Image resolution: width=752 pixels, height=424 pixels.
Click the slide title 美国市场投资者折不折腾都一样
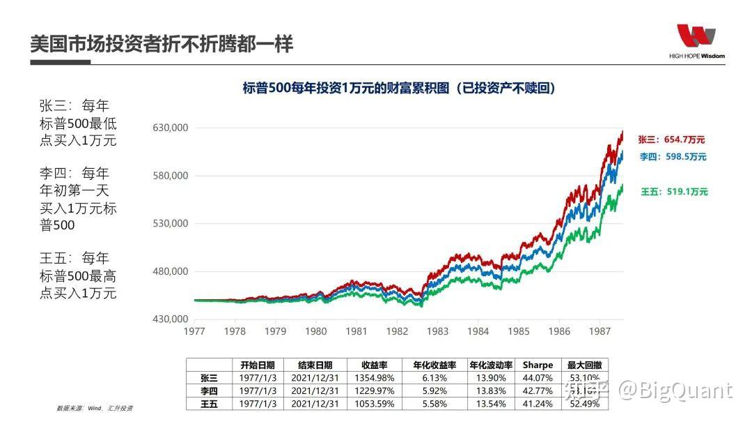[162, 44]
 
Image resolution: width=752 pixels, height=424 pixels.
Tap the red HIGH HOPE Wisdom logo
[696, 38]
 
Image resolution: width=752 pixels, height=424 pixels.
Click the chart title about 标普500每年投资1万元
[399, 88]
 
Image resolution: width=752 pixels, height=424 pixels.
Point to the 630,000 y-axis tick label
[170, 128]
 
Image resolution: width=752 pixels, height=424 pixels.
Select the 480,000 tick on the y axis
[170, 271]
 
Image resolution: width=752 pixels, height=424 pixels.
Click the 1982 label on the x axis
[397, 331]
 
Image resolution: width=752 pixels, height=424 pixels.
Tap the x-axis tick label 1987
[600, 331]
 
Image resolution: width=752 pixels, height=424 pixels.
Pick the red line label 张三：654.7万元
[673, 140]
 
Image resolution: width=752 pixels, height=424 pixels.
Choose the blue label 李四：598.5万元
[673, 157]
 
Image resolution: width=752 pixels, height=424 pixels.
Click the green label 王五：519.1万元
[674, 191]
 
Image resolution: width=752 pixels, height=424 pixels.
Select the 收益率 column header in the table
[374, 365]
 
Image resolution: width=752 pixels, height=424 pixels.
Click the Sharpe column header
[538, 365]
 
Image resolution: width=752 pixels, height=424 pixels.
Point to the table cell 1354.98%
[374, 378]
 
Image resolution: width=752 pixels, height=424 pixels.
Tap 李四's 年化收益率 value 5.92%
[434, 391]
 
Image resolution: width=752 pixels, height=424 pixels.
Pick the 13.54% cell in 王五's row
[490, 404]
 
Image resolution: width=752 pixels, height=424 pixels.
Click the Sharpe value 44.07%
[538, 378]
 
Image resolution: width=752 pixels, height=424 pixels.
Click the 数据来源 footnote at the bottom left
[94, 408]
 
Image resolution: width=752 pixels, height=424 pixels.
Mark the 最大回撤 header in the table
[585, 365]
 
